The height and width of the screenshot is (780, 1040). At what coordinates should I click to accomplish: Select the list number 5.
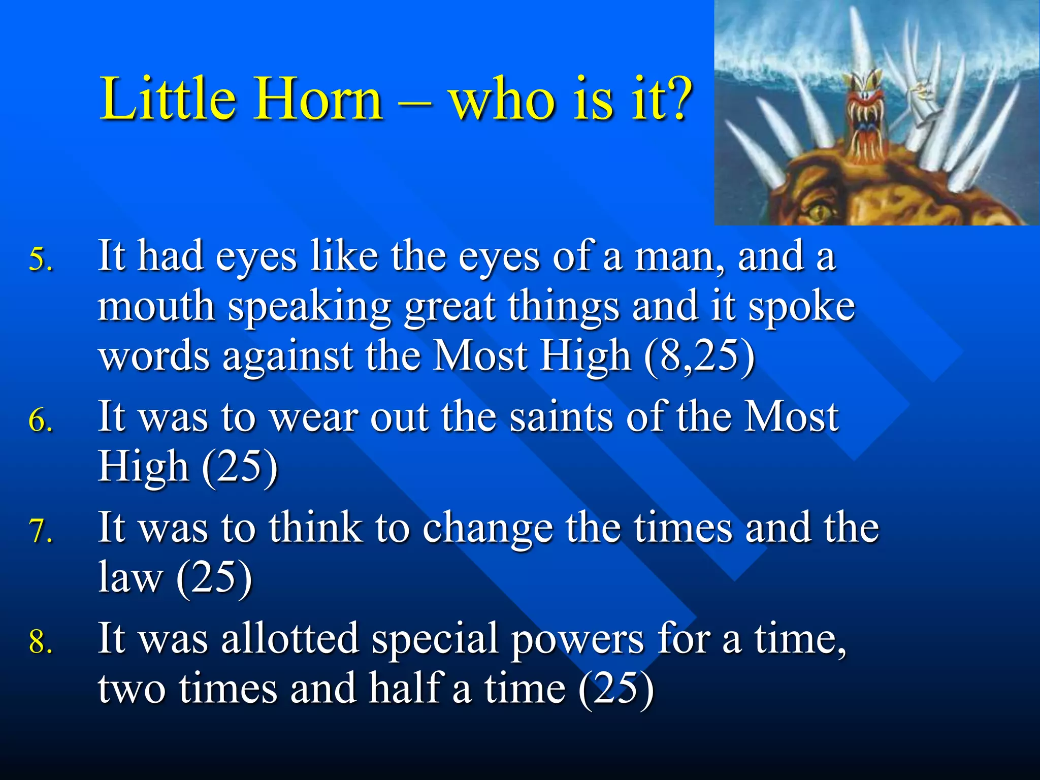(x=41, y=259)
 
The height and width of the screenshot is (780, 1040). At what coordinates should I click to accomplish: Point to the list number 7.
(x=41, y=531)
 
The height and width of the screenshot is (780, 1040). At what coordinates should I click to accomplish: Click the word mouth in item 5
(x=156, y=307)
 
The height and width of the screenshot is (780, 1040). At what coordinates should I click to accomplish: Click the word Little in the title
(x=168, y=99)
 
